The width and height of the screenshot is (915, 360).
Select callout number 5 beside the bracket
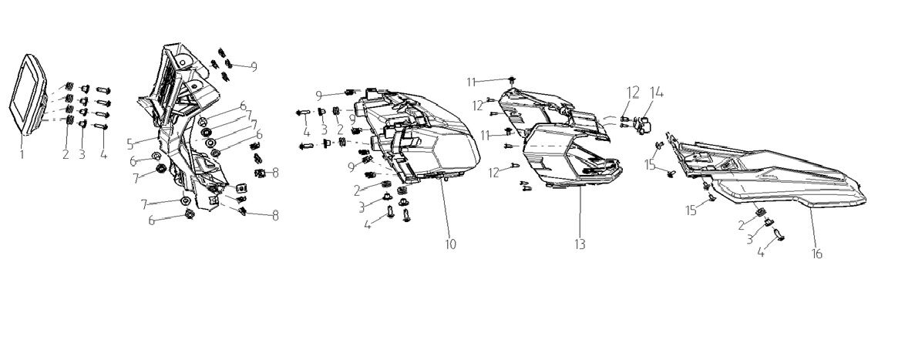point(131,142)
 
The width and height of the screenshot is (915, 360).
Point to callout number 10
point(450,244)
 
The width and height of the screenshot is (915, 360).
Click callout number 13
point(580,244)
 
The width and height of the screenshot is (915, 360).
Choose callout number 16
point(817,254)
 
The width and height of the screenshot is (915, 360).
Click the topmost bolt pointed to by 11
point(512,79)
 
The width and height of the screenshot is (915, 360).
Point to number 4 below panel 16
point(761,252)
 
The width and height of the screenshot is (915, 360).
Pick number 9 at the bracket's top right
point(254,66)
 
